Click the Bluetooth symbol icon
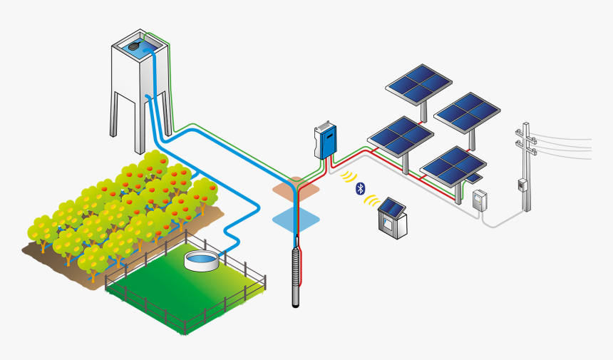pyautogui.click(x=361, y=188)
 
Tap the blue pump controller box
pyautogui.click(x=326, y=140)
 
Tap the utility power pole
pyautogui.click(x=527, y=168)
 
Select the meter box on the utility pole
pyautogui.click(x=522, y=185)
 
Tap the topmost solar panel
pyautogui.click(x=418, y=81)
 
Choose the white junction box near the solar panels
pyautogui.click(x=480, y=199)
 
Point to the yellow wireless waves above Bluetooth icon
pyautogui.click(x=349, y=176)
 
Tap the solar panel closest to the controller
pyautogui.click(x=400, y=135)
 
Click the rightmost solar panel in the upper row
pyautogui.click(x=467, y=110)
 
